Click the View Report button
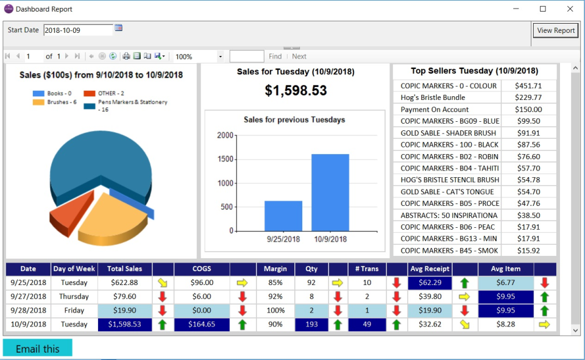pyautogui.click(x=556, y=30)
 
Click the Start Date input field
pyautogui.click(x=78, y=30)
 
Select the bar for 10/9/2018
pyautogui.click(x=330, y=192)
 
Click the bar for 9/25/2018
pyautogui.click(x=283, y=216)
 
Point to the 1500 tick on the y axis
pyautogui.click(x=226, y=159)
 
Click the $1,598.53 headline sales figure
pyautogui.click(x=296, y=91)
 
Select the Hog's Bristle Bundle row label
pyautogui.click(x=433, y=97)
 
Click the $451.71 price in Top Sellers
pyautogui.click(x=528, y=86)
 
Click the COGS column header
pyautogui.click(x=202, y=269)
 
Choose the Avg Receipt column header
pyautogui.click(x=430, y=269)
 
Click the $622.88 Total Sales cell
pyautogui.click(x=125, y=283)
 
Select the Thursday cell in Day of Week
pyautogui.click(x=74, y=297)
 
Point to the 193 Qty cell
pyautogui.click(x=311, y=325)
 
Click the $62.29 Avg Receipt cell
pyautogui.click(x=430, y=283)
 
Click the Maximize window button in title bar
pyautogui.click(x=543, y=9)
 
